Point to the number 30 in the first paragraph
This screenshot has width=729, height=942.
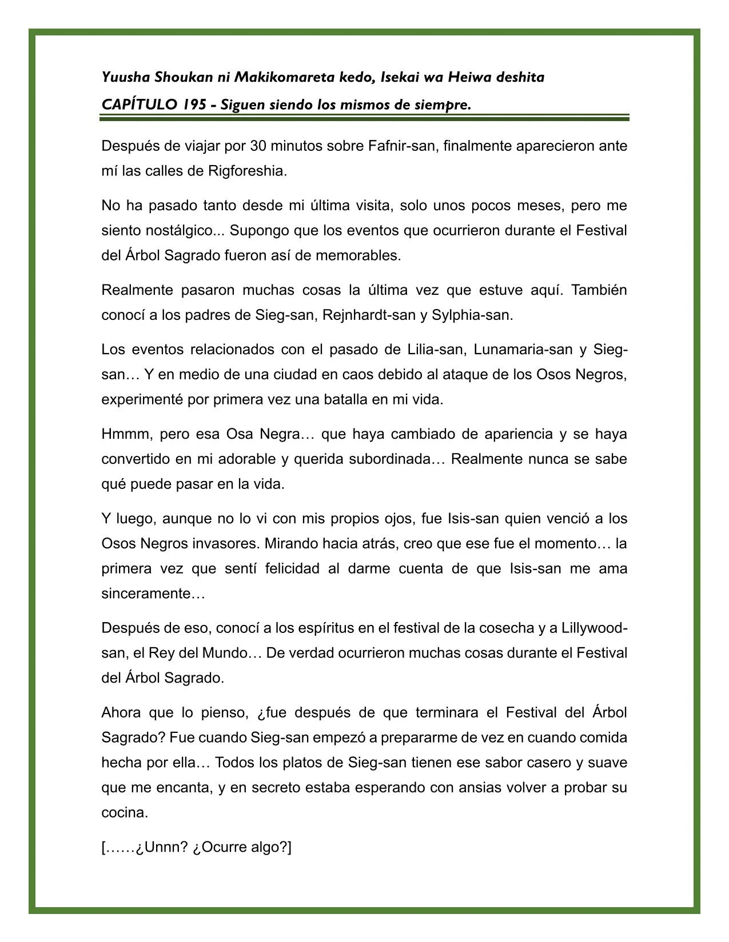[258, 146]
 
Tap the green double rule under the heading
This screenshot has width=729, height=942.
[364, 118]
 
